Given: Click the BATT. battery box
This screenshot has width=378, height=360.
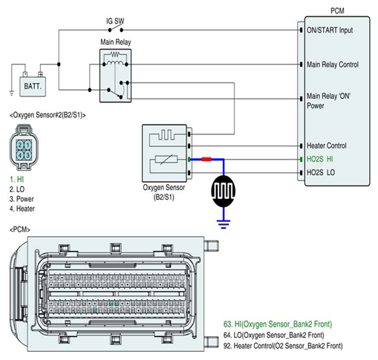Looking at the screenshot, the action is [x=33, y=86].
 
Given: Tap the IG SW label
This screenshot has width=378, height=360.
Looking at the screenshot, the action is [x=115, y=21].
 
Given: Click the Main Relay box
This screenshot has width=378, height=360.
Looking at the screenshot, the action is [x=115, y=76].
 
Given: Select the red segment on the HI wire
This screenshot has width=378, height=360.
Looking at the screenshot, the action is [x=206, y=160].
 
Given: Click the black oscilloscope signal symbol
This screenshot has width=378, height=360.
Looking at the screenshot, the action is [x=224, y=191].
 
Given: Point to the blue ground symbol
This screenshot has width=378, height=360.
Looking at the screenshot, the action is [x=224, y=224].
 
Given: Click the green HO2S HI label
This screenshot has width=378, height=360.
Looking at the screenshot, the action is [x=320, y=159].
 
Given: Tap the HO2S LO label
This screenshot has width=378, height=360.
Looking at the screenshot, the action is [x=321, y=172].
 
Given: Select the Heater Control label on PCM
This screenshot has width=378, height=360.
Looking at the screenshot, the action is [x=327, y=145].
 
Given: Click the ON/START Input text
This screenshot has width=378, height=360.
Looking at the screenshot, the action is [x=330, y=30].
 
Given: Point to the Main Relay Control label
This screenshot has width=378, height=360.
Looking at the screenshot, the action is [x=333, y=65].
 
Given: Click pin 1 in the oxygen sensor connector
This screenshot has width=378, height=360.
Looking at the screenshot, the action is [x=28, y=145].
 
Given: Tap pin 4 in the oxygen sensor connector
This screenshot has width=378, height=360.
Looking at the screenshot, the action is [x=20, y=155].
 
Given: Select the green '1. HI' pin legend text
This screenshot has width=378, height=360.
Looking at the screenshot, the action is [x=17, y=180].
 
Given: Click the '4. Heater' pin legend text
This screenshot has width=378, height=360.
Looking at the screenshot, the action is [x=22, y=209].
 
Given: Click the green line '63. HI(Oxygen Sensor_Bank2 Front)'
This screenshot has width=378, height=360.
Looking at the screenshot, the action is [x=278, y=324].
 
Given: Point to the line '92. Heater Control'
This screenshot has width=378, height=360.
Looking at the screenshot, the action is [x=283, y=346].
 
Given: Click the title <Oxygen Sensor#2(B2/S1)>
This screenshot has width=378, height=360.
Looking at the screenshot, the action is [x=48, y=115].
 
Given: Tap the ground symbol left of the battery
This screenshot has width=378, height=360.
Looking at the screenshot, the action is [x=11, y=93].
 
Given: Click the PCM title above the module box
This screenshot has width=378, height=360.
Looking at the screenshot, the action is [x=337, y=11].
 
